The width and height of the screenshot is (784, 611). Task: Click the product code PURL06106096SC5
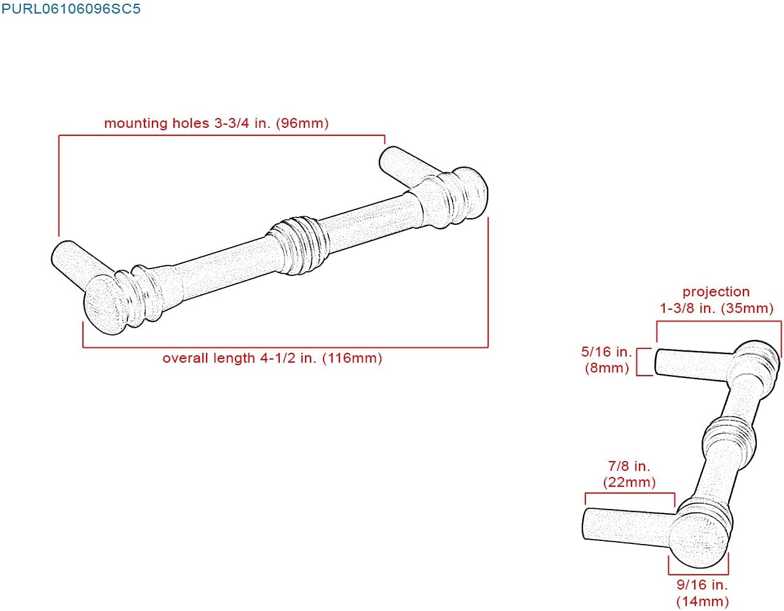pyautogui.click(x=71, y=9)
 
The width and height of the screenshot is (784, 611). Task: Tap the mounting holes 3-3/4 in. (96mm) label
pyautogui.click(x=216, y=124)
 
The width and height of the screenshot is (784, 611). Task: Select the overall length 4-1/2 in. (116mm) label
pyautogui.click(x=272, y=358)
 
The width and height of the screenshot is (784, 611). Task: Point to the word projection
pyautogui.click(x=716, y=292)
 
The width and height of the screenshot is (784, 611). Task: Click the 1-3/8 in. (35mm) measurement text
pyautogui.click(x=717, y=309)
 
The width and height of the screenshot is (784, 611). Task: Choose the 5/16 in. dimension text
pyautogui.click(x=606, y=352)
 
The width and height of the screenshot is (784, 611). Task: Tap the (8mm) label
pyautogui.click(x=607, y=368)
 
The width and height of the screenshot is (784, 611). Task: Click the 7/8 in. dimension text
pyautogui.click(x=629, y=466)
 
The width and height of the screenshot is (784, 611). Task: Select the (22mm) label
pyautogui.click(x=629, y=483)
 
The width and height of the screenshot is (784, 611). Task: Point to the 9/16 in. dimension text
pyautogui.click(x=702, y=585)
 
